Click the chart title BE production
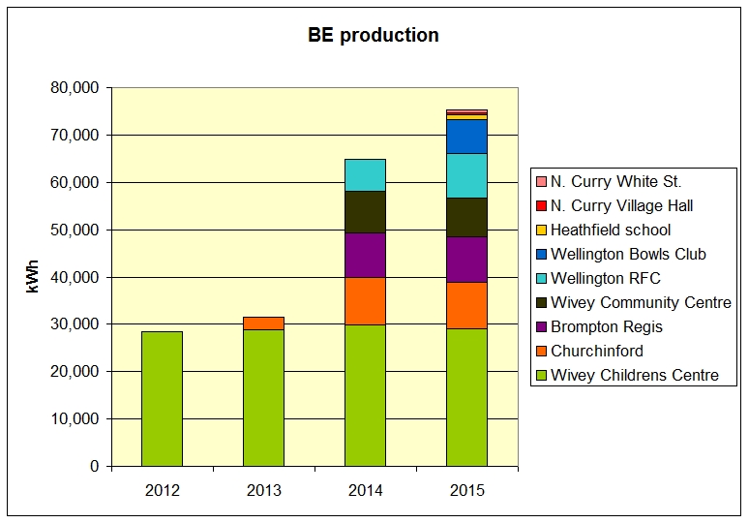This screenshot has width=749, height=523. coord(374,36)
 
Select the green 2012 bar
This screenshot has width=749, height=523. coord(162,398)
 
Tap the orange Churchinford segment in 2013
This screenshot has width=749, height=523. coord(263,323)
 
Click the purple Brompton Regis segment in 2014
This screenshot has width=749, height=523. coord(365,255)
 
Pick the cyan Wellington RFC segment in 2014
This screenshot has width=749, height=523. coord(365,175)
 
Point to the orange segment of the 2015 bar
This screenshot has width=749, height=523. coord(466,305)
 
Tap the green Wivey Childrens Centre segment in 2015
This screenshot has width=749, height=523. coord(466,397)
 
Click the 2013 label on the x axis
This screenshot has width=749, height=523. coord(263,490)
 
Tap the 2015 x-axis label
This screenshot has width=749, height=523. coord(466,490)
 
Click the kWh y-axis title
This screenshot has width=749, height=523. coord(33,277)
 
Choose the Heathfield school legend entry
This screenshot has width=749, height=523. coord(610,231)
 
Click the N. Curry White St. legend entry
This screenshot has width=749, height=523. coord(615,182)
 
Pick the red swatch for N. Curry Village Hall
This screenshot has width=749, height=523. coord(540,206)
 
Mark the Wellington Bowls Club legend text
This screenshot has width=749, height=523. coord(628,255)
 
